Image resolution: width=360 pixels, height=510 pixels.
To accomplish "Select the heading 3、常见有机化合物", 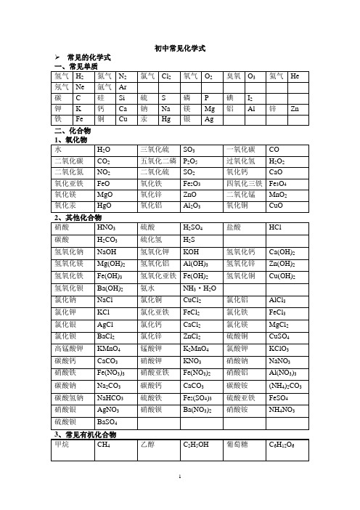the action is [85, 434].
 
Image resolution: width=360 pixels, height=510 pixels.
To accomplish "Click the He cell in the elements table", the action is [294, 76].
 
